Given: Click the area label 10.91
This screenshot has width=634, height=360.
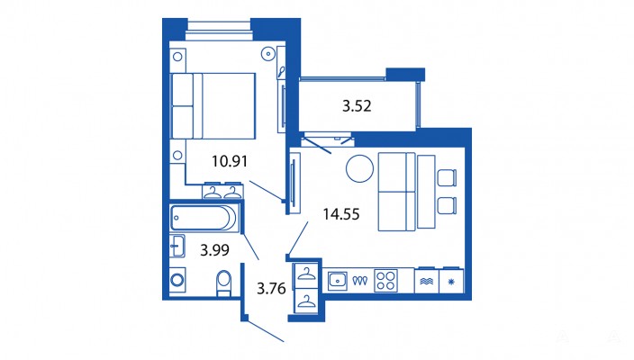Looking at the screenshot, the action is pyautogui.click(x=230, y=161).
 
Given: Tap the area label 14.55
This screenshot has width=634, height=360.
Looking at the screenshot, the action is pyautogui.click(x=340, y=214).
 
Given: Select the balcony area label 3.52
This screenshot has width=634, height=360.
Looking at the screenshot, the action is pyautogui.click(x=357, y=106).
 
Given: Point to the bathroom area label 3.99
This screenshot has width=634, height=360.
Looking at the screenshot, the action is pyautogui.click(x=214, y=250).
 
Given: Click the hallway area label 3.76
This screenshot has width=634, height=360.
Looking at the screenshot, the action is pyautogui.click(x=271, y=289).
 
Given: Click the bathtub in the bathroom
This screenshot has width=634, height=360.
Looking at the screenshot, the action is pyautogui.click(x=205, y=218).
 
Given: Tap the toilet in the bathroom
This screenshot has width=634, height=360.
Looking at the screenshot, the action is pyautogui.click(x=223, y=283).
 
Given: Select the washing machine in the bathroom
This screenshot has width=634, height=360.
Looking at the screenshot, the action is pyautogui.click(x=177, y=280).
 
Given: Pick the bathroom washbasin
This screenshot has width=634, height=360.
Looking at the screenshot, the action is pyautogui.click(x=177, y=246).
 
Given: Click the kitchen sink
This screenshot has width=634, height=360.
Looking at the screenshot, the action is pyautogui.click(x=337, y=281).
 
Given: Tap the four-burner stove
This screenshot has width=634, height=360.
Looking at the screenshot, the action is pyautogui.click(x=385, y=281).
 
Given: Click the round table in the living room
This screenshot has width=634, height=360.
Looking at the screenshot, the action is pyautogui.click(x=359, y=168).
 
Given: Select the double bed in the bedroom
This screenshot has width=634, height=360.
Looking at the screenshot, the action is pyautogui.click(x=213, y=106).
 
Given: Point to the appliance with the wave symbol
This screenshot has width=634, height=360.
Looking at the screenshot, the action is pyautogui.click(x=427, y=281).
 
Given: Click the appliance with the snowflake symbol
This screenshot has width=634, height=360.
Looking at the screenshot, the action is pyautogui.click(x=451, y=281).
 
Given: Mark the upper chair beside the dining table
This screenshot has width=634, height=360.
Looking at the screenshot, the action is pyautogui.click(x=447, y=177).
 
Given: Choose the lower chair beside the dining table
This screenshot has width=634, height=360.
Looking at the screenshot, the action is pyautogui.click(x=447, y=205).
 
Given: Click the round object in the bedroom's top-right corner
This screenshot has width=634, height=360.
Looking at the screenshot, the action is pyautogui.click(x=268, y=54).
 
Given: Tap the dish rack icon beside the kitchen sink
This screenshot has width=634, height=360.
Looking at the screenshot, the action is pyautogui.click(x=359, y=281).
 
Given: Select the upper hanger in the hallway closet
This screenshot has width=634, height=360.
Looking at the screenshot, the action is pyautogui.click(x=307, y=274).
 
